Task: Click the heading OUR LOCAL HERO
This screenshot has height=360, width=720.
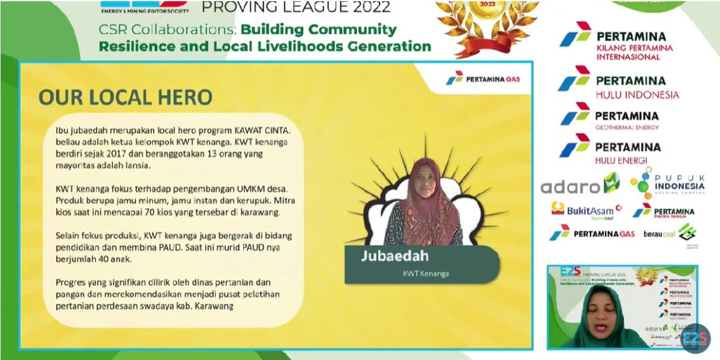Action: [x=125, y=97]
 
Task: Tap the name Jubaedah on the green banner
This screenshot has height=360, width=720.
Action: [x=395, y=256]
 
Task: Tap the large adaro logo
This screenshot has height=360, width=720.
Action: [x=579, y=185]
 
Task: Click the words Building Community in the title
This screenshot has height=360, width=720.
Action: [x=319, y=30]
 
